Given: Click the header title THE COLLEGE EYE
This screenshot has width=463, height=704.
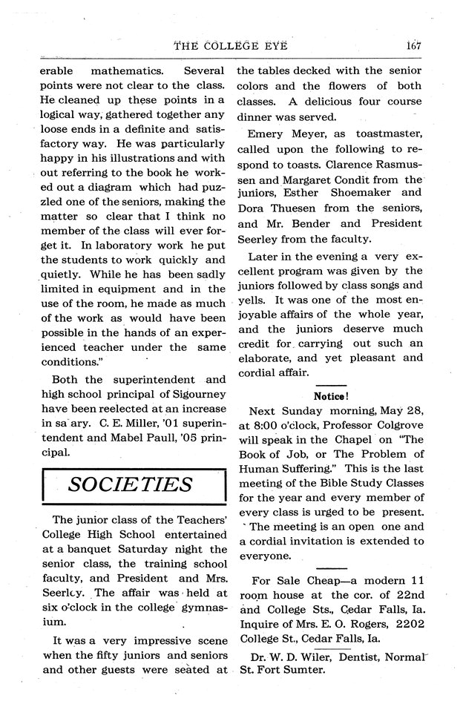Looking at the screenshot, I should pos(230,45).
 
